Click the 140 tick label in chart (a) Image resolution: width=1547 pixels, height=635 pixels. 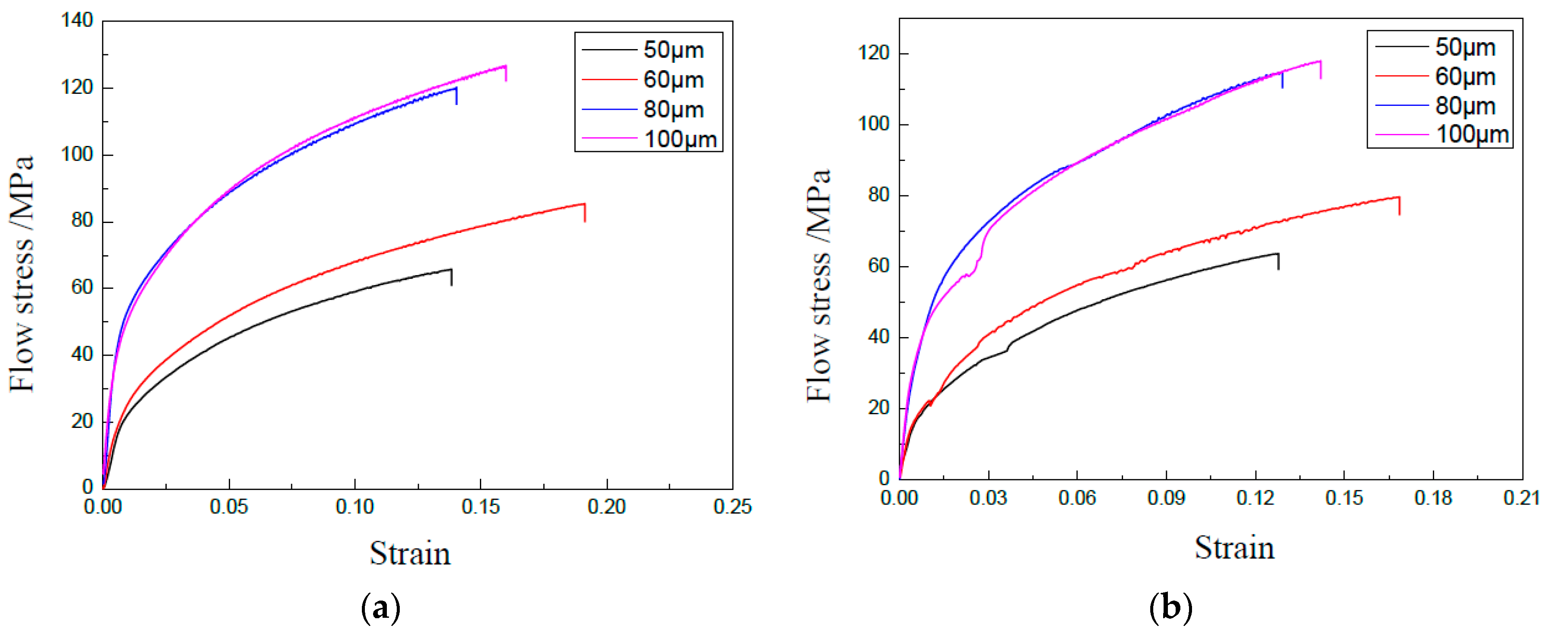[x=77, y=20]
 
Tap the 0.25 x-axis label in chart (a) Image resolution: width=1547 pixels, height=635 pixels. [x=732, y=507]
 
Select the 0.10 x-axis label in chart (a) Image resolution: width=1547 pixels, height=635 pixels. [x=354, y=507]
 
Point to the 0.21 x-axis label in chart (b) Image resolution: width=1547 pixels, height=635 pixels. [x=1521, y=498]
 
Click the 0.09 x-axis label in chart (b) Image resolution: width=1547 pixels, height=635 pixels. [x=1166, y=498]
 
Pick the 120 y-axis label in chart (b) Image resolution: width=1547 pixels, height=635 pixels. [x=873, y=53]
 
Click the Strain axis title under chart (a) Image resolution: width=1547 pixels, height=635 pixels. [x=410, y=553]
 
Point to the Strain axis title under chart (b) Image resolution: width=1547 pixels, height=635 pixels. [x=1234, y=547]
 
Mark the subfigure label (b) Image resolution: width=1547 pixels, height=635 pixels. [x=1170, y=607]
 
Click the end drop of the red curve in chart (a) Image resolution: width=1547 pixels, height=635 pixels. [x=584, y=213]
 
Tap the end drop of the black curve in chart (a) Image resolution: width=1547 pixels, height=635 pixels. [x=451, y=277]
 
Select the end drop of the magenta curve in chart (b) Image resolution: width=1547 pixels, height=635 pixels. [x=1320, y=70]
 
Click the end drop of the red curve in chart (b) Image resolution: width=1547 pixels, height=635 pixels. [x=1399, y=205]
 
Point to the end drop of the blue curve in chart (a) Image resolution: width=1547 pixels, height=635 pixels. [x=456, y=96]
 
